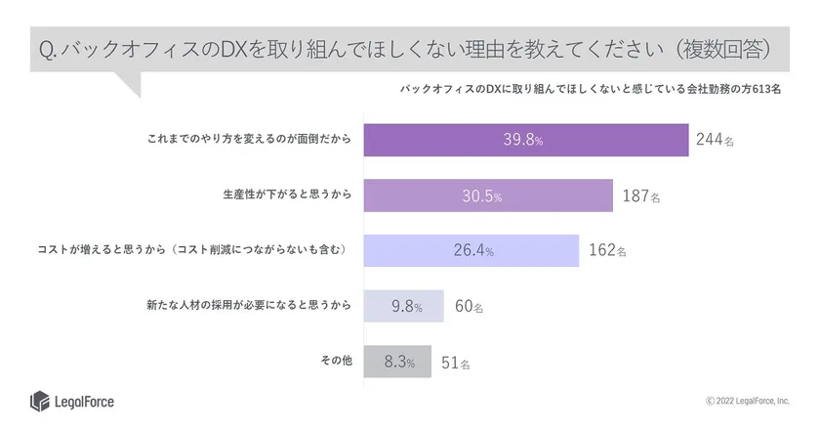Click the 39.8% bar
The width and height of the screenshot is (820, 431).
pyautogui.click(x=525, y=140)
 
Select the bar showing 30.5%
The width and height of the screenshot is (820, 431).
pyautogui.click(x=487, y=195)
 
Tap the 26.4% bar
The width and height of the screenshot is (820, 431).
pyautogui.click(x=471, y=250)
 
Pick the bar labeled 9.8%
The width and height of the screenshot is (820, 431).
pyautogui.click(x=403, y=307)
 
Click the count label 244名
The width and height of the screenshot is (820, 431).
pyautogui.click(x=716, y=140)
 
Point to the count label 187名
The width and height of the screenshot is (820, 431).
pyautogui.click(x=641, y=195)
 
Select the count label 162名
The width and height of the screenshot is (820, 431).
pyautogui.click(x=607, y=250)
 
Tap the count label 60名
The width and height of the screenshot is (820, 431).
pyautogui.click(x=470, y=307)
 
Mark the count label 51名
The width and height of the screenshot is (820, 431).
pyautogui.click(x=455, y=362)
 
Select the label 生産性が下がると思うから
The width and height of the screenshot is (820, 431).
pyautogui.click(x=286, y=195)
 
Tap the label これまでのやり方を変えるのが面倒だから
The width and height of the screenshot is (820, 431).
pyautogui.click(x=249, y=140)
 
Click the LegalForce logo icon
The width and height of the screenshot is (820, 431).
pyautogui.click(x=39, y=401)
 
